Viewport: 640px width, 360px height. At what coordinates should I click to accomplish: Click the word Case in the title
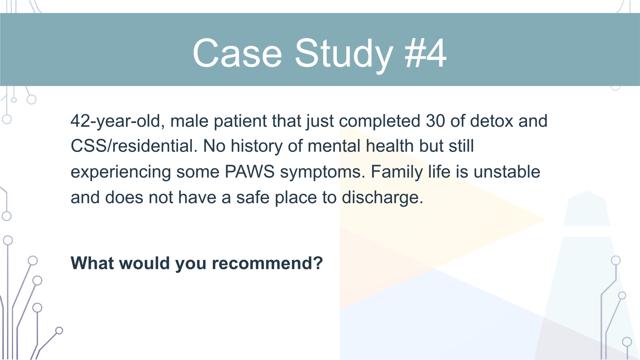tap(237, 53)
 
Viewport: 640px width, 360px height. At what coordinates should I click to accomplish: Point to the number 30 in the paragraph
tap(435, 121)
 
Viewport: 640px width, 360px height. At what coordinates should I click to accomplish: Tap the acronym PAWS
tap(250, 172)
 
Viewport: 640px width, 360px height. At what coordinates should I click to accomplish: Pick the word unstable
tap(507, 172)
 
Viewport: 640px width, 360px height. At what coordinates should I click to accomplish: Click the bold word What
tap(92, 263)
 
